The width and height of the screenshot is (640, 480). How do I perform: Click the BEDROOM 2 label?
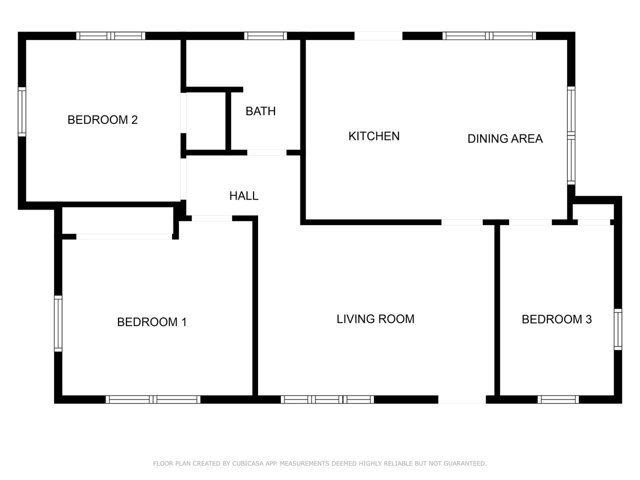pyautogui.click(x=102, y=120)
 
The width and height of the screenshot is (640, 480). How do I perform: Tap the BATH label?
pyautogui.click(x=260, y=111)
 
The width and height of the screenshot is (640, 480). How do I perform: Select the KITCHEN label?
pyautogui.click(x=374, y=136)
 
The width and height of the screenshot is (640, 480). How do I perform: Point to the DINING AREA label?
pyautogui.click(x=505, y=138)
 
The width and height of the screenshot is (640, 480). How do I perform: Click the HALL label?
pyautogui.click(x=244, y=196)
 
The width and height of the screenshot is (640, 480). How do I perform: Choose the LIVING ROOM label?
pyautogui.click(x=375, y=319)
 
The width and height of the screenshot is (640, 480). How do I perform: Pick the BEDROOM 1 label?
pyautogui.click(x=151, y=322)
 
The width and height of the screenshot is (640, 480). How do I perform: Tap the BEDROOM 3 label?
pyautogui.click(x=556, y=319)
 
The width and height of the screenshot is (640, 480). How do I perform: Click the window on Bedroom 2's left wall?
pyautogui.click(x=22, y=111)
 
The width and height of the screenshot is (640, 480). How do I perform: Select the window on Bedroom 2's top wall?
pyautogui.click(x=111, y=36)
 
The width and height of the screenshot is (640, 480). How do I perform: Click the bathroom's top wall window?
pyautogui.click(x=265, y=36)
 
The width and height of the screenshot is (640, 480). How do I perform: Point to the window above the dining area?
pyautogui.click(x=489, y=36)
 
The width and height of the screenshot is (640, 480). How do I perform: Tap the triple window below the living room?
pyautogui.click(x=327, y=399)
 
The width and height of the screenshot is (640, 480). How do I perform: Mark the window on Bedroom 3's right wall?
pyautogui.click(x=618, y=329)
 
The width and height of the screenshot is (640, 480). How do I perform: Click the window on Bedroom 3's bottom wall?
pyautogui.click(x=558, y=399)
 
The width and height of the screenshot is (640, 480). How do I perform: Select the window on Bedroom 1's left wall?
pyautogui.click(x=58, y=323)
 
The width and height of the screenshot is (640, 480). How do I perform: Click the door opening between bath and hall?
pyautogui.click(x=267, y=152)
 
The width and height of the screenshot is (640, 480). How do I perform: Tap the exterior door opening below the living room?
pyautogui.click(x=462, y=399)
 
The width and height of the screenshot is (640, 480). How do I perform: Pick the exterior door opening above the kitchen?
pyautogui.click(x=378, y=36)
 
